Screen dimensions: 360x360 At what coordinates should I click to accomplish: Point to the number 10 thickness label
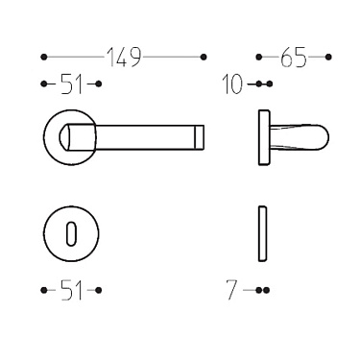coord(230,84)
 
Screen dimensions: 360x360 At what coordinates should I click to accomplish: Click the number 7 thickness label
coord(231,289)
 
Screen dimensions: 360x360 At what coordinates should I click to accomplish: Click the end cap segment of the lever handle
coord(199,136)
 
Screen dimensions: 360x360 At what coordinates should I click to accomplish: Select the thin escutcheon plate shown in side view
coord(261,234)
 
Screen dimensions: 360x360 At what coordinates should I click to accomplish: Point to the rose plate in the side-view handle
coord(262,136)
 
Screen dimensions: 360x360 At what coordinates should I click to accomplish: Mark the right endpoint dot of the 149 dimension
coord(203,57)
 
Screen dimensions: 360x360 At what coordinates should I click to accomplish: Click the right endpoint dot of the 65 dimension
coord(328,57)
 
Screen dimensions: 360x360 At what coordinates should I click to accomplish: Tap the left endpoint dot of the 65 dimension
coord(261,57)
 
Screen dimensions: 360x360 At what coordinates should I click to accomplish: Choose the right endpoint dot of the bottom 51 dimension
coord(99,289)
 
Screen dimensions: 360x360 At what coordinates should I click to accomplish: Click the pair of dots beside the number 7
coord(264,289)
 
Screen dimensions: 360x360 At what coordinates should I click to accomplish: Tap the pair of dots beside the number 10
coord(266,84)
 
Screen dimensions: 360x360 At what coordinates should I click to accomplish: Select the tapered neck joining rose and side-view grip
coord(277,136)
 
